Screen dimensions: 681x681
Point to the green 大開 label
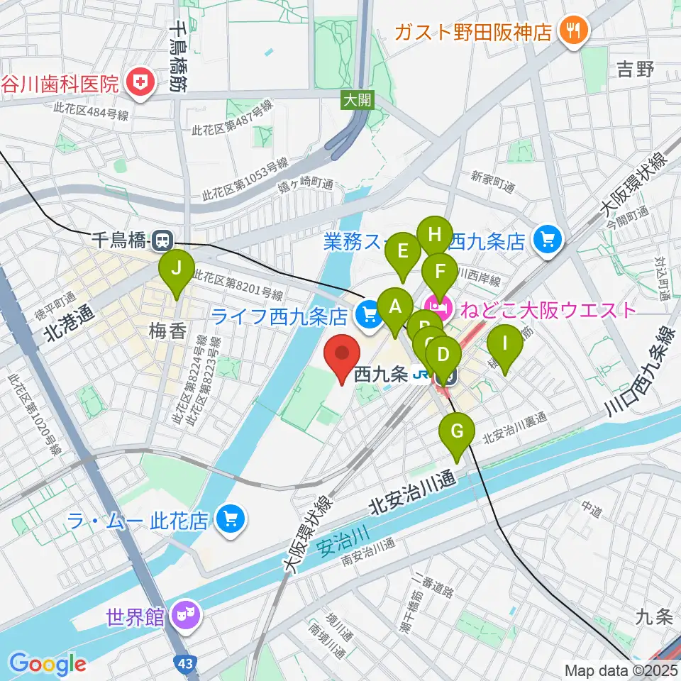[x=357, y=100]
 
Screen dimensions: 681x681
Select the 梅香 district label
[x=168, y=330]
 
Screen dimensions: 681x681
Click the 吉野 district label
[x=635, y=69]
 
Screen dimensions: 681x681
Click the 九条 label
[x=653, y=617]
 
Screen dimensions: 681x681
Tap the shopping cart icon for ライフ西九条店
[x=367, y=313]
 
